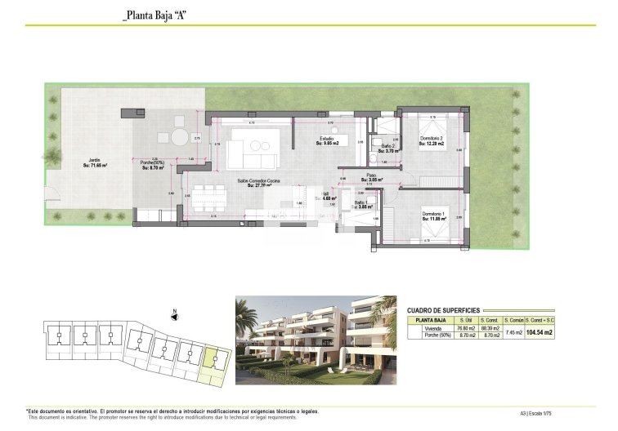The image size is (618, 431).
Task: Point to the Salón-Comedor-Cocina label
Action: click(x=258, y=183)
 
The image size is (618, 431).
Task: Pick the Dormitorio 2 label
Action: click(x=432, y=141)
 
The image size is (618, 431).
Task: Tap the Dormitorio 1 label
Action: click(x=433, y=215)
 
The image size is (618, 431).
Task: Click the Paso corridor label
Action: click(x=371, y=178)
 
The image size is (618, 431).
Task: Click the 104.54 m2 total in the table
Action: click(x=540, y=332)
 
